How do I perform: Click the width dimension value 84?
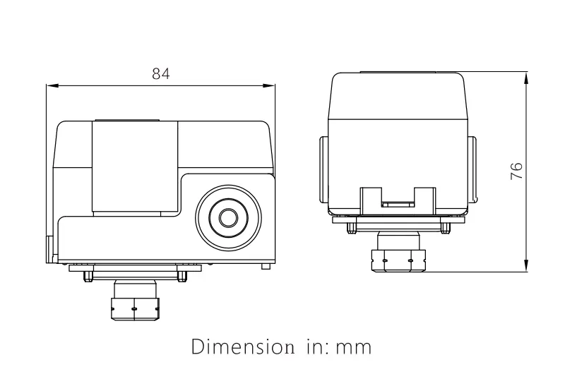tap(161, 73)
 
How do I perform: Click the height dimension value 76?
tap(516, 170)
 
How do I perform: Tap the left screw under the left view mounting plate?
tap(86, 276)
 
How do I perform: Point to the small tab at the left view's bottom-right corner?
tap(266, 267)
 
